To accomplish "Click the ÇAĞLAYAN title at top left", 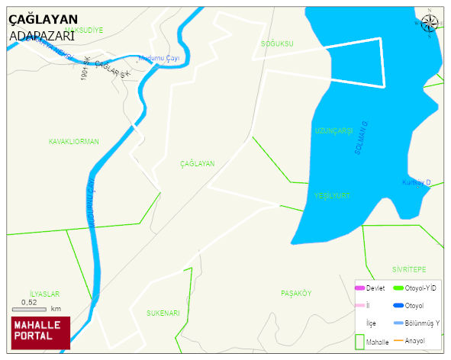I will pos(43,20).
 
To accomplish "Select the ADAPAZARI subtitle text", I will pos(41,35).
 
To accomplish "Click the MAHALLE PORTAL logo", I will pos(40,332).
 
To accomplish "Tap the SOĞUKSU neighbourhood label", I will pos(276,44).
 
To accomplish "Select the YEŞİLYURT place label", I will pos(332,196).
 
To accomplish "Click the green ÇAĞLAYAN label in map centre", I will pos(198,164).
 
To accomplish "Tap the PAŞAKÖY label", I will pos(296,294).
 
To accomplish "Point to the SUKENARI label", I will pos(163,313).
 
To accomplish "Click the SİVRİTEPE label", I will pos(408,270).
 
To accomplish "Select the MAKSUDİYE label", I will pos(83,30).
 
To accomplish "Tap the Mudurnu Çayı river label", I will pos(159,58).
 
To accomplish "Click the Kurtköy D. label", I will pos(417,182).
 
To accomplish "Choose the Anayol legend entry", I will pos(414,341).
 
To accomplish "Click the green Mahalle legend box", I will pos(360,342).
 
